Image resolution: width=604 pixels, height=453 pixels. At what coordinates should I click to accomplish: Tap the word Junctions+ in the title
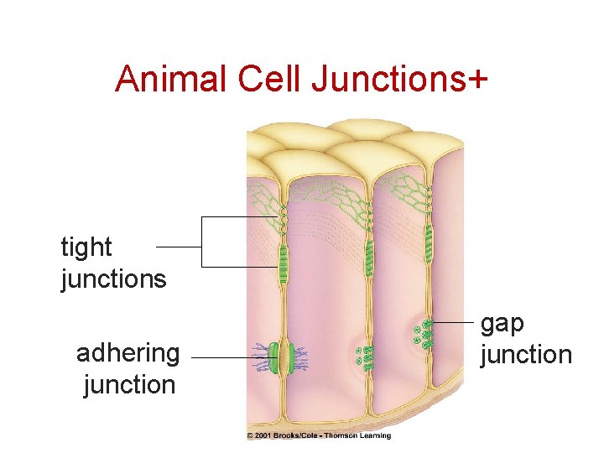click(x=398, y=79)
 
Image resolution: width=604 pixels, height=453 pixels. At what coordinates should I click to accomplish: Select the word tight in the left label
click(x=86, y=248)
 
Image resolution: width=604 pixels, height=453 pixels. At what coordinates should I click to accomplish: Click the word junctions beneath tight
click(x=114, y=279)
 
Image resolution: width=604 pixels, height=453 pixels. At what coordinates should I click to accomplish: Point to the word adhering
click(x=128, y=353)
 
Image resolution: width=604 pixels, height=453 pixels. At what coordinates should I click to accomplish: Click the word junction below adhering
click(x=129, y=384)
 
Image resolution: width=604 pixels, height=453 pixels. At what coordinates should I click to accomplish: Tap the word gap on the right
click(x=502, y=324)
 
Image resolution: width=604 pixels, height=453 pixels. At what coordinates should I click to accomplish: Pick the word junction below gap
click(x=525, y=354)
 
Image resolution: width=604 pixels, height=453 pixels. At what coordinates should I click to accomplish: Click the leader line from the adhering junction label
click(x=222, y=358)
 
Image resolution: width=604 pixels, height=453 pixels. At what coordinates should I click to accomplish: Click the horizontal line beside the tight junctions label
click(x=178, y=247)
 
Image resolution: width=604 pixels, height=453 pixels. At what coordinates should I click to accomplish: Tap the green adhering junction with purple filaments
click(x=282, y=358)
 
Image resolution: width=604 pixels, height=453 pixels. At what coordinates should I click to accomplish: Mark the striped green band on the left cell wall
click(x=284, y=262)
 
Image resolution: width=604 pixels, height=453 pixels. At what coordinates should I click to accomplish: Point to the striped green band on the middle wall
click(x=369, y=258)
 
